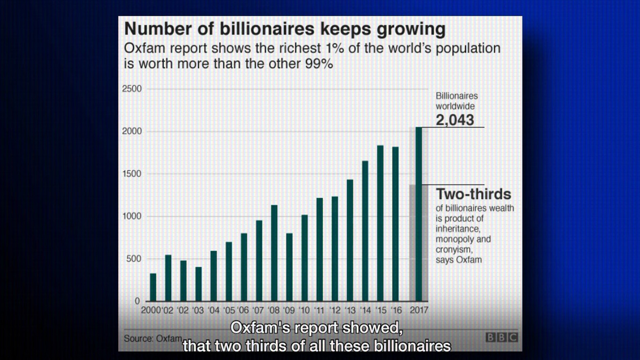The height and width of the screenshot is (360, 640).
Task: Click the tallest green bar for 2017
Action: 419,213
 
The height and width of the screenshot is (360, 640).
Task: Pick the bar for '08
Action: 274,253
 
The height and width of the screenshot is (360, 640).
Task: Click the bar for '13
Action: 350,240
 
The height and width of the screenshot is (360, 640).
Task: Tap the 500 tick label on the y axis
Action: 134,259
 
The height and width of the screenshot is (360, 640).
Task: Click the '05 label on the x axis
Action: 229,310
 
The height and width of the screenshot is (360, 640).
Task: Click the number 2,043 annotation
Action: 454,120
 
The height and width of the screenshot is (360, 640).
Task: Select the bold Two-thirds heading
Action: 474,194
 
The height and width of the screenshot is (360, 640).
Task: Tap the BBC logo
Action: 501,338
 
